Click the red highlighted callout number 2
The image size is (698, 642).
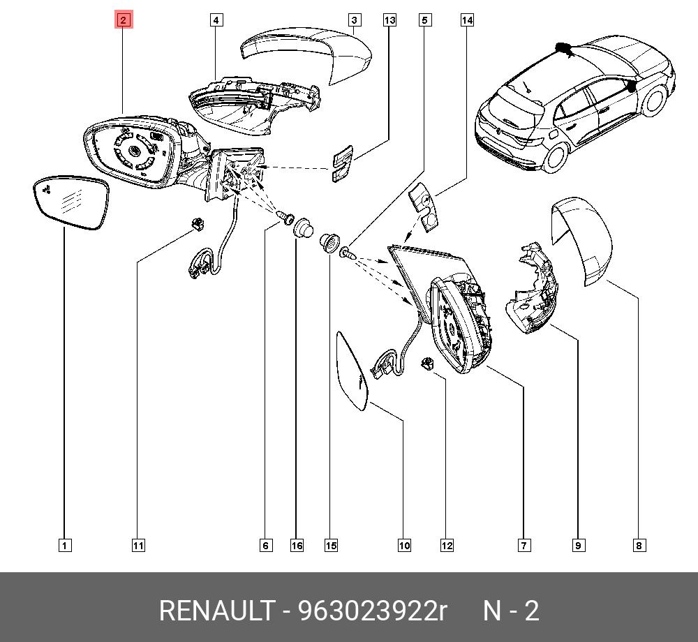pos(123,20)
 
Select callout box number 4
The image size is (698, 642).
pos(216,20)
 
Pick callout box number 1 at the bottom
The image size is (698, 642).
pos(64,546)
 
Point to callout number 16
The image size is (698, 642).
pos(297,546)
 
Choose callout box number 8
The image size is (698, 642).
pos(639,546)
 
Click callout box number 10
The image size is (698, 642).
pos(404,546)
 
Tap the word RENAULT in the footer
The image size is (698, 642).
pos(216,611)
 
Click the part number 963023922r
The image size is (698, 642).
pos(372,611)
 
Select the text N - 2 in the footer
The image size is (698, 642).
pos(512,611)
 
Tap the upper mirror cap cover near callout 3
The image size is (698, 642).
pos(307,54)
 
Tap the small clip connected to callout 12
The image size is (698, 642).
pos(427,364)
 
